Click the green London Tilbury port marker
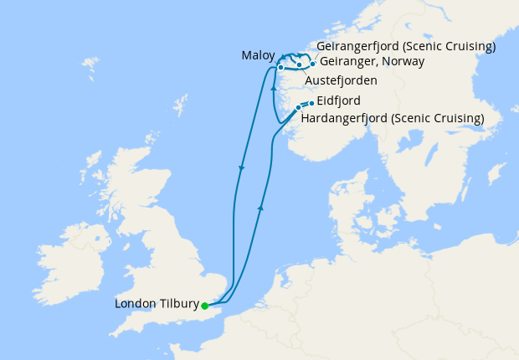point(204,306)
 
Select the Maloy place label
point(258,55)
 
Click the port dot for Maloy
point(281,66)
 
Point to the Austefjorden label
point(341,80)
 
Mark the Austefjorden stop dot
point(299,64)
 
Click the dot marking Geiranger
point(312,64)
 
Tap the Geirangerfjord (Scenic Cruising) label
point(407,45)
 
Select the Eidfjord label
point(338,102)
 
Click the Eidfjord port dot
point(311,103)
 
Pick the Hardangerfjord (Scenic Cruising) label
point(392,118)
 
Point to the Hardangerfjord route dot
point(298,108)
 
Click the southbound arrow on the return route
point(242,168)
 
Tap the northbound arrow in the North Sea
point(262,206)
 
